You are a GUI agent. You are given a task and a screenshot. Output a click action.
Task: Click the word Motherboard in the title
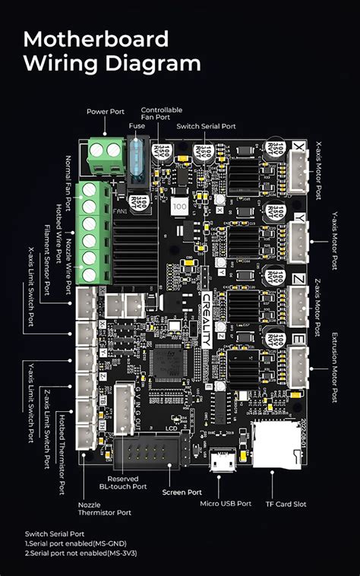coord(96,39)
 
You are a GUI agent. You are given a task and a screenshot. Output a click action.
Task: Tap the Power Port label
coord(106,112)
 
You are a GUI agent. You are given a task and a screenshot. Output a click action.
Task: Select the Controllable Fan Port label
coord(161,112)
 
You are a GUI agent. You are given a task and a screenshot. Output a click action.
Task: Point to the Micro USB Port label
coord(226,503)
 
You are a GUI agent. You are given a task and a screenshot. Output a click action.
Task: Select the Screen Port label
coord(181,492)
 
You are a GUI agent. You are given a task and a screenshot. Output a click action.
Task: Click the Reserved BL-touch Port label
coord(128,483)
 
